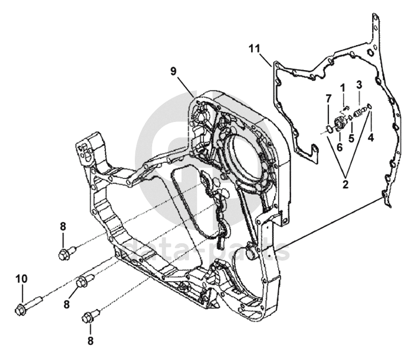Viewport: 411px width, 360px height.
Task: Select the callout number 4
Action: (371, 137)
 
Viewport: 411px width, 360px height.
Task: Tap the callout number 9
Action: (173, 71)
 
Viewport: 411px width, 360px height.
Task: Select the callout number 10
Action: (21, 279)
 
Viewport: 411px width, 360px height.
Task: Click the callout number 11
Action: (253, 49)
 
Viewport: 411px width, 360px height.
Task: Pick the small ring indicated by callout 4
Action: (369, 107)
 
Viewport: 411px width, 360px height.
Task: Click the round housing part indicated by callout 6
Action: (340, 123)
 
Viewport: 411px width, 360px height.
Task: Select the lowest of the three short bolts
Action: (89, 315)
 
